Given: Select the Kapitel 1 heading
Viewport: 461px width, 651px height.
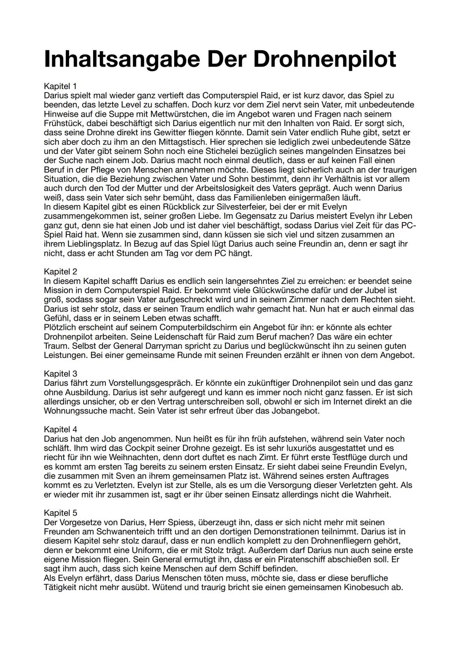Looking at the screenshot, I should (x=60, y=86).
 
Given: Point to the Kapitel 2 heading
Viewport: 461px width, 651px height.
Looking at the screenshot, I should (x=60, y=272).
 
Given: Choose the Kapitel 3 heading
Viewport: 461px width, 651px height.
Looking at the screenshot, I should (x=60, y=374).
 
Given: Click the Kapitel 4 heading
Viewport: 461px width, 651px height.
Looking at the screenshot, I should (x=60, y=429).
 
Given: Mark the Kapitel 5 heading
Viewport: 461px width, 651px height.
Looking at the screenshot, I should (x=60, y=513).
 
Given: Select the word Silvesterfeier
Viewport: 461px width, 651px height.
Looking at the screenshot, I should (x=232, y=207).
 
